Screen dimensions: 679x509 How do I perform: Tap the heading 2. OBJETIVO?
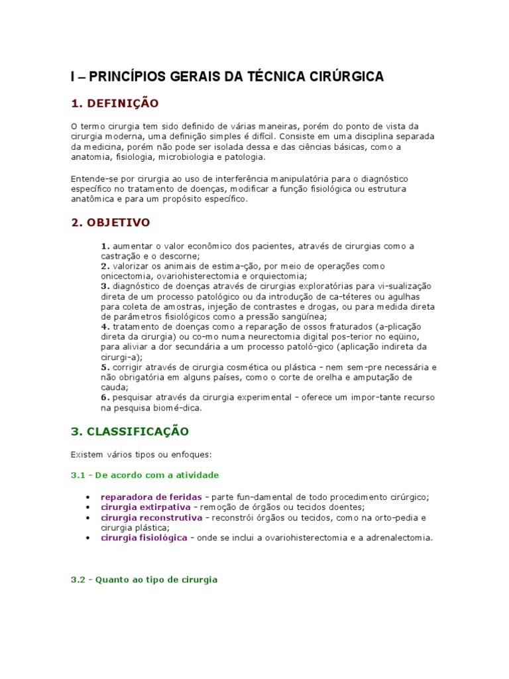111,222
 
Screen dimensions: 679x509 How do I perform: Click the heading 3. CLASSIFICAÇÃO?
130,432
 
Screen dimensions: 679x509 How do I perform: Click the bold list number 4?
105,327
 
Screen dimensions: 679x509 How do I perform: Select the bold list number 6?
105,397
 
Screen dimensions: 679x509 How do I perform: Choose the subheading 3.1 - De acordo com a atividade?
144,475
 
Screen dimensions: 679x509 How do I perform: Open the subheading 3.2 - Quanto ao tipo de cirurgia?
144,580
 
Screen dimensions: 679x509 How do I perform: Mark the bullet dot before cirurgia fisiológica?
88,538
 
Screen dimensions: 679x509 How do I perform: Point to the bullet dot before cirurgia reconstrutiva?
88,518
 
